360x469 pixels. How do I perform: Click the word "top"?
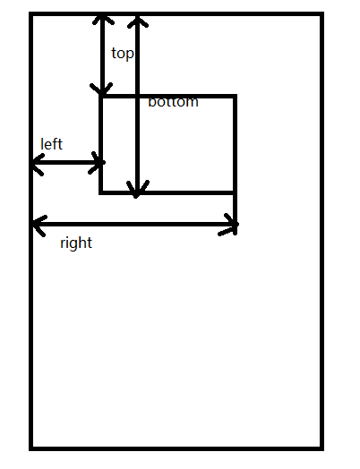[123, 54]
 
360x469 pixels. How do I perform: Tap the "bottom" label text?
[173, 102]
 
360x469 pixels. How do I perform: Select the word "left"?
[51, 144]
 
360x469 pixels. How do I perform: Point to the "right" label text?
[76, 243]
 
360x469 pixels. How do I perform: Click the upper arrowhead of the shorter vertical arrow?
[103, 15]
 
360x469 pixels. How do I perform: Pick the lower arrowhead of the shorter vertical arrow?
[102, 93]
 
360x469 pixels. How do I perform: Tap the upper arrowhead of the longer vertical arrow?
[137, 17]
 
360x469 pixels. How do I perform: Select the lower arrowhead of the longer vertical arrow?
[136, 196]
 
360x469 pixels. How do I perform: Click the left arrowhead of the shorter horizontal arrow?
[32, 163]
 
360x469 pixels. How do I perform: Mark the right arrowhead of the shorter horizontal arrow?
[103, 162]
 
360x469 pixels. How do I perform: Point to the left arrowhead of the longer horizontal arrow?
[33, 224]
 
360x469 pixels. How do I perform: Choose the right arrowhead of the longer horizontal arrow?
[236, 225]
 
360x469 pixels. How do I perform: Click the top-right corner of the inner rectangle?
[236, 96]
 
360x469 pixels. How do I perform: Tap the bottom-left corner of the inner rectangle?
[101, 192]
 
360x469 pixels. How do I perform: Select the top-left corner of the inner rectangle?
[101, 96]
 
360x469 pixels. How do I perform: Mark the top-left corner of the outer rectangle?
[30, 13]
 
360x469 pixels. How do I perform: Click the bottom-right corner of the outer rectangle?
[322, 448]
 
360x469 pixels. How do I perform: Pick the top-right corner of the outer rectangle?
[322, 13]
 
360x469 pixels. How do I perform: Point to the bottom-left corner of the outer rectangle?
[30, 448]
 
